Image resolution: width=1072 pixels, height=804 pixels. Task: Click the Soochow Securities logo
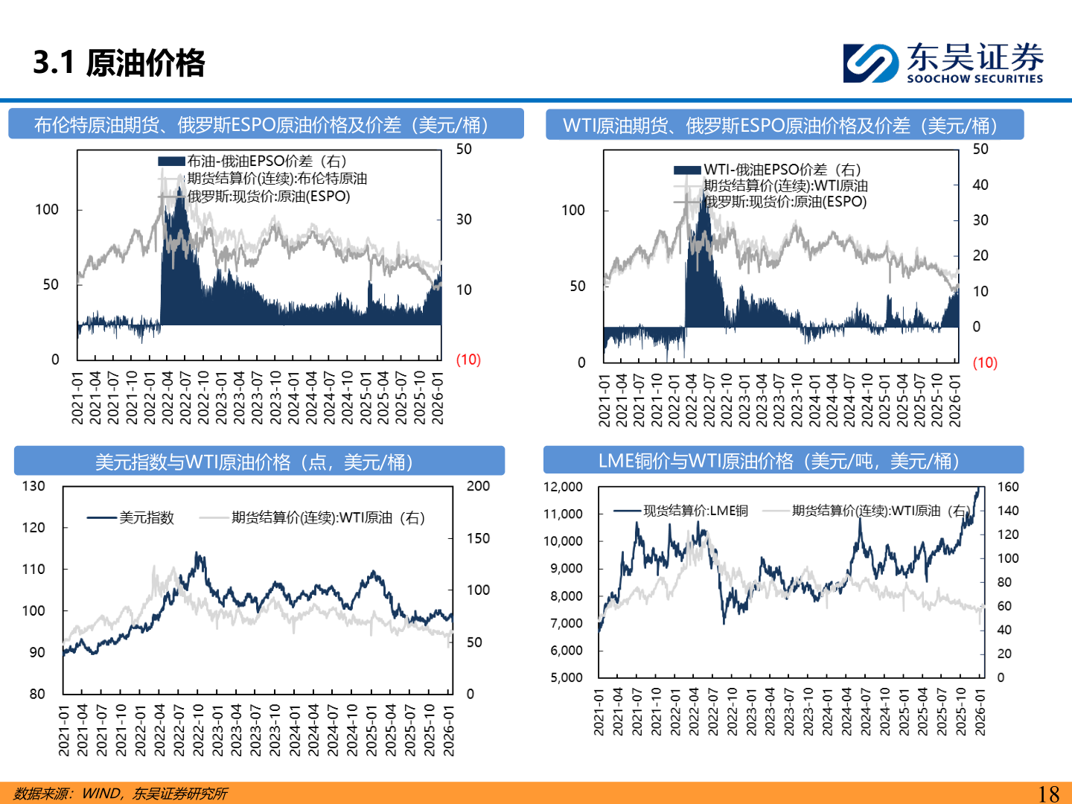click(x=943, y=63)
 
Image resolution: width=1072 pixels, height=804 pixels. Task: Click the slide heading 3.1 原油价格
click(x=119, y=63)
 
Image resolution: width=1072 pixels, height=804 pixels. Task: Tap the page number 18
click(x=1048, y=794)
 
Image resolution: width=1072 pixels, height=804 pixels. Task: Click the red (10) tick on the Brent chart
click(x=468, y=360)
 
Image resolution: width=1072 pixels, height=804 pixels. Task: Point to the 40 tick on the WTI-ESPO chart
click(x=980, y=185)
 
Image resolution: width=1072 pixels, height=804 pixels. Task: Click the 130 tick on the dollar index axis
click(x=33, y=486)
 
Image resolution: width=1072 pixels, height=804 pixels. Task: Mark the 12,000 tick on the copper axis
click(x=563, y=487)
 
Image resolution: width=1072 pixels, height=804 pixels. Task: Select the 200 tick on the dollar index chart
click(x=478, y=486)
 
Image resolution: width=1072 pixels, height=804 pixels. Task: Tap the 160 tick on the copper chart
click(x=1008, y=487)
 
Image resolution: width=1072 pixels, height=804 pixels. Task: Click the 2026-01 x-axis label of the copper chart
click(x=980, y=712)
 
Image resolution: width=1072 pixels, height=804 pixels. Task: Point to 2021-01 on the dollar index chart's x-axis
click(x=64, y=731)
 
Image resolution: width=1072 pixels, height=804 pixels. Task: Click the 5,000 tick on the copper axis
click(x=567, y=677)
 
